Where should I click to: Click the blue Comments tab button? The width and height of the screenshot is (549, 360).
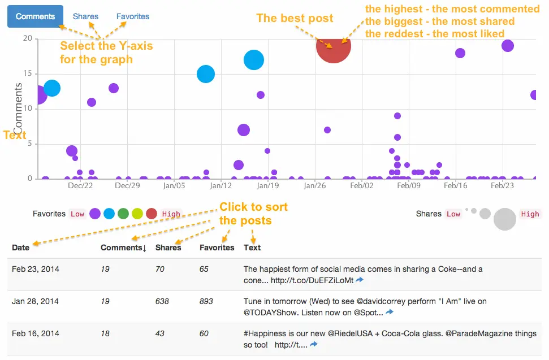pyautogui.click(x=35, y=16)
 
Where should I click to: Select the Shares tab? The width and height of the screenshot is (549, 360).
pyautogui.click(x=85, y=16)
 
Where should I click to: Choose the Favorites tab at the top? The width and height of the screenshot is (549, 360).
pyautogui.click(x=133, y=16)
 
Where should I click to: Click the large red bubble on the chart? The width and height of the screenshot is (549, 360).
pyautogui.click(x=334, y=46)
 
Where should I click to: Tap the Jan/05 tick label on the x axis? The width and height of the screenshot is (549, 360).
pyautogui.click(x=174, y=185)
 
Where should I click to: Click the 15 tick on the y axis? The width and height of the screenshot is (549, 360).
pyautogui.click(x=28, y=74)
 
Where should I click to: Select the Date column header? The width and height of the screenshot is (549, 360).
pyautogui.click(x=20, y=248)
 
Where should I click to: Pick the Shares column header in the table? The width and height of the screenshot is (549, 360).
pyautogui.click(x=168, y=248)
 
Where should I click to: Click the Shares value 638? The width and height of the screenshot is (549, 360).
pyautogui.click(x=162, y=301)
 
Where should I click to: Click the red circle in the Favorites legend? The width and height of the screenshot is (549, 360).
pyautogui.click(x=152, y=214)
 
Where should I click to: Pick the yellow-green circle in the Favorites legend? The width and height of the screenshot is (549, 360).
pyautogui.click(x=137, y=214)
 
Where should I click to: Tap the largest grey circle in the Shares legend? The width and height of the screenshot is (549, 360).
pyautogui.click(x=505, y=219)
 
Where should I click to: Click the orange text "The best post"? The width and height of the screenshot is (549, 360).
pyautogui.click(x=295, y=18)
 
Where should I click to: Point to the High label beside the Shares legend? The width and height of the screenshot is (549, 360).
pyautogui.click(x=530, y=214)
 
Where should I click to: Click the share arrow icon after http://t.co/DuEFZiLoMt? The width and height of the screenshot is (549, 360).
pyautogui.click(x=360, y=280)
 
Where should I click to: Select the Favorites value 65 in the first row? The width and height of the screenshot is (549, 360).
pyautogui.click(x=204, y=269)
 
